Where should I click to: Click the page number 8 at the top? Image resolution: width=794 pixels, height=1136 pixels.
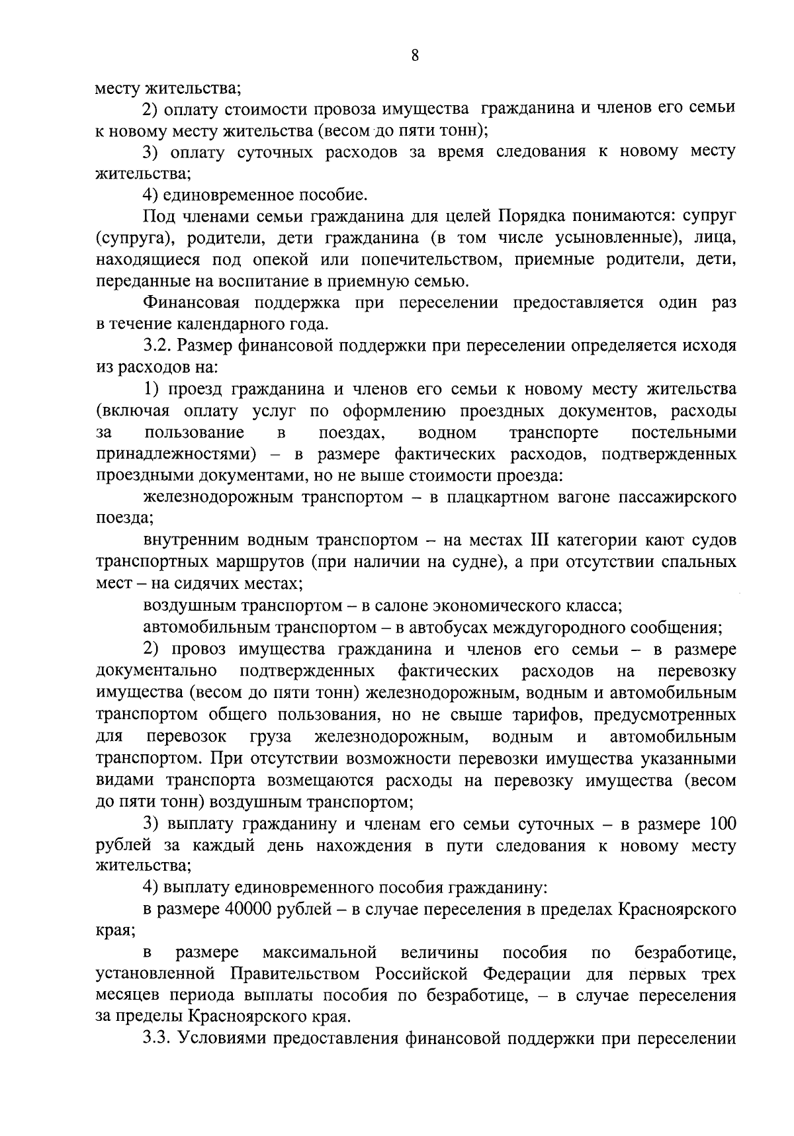click(x=415, y=56)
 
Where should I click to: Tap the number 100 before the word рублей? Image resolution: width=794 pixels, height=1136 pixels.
click(x=722, y=824)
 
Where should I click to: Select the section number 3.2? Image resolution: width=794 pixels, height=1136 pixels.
click(x=159, y=346)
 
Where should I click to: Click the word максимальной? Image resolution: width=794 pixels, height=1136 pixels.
click(x=320, y=953)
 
